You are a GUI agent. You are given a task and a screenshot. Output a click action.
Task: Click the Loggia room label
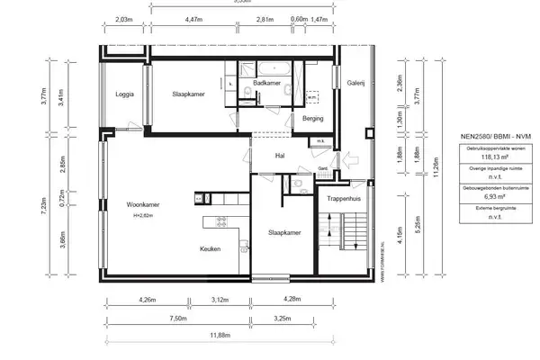125,94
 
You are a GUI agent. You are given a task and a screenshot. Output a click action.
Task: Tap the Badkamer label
267,84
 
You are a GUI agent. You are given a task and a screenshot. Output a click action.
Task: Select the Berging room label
313,118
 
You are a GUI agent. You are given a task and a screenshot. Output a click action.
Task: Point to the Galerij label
355,84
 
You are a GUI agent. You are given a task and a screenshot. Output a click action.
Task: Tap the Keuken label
211,249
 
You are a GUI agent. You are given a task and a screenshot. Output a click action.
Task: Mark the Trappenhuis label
343,198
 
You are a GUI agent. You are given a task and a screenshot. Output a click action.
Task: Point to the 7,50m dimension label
176,318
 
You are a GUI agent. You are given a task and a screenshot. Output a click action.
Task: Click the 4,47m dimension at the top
193,19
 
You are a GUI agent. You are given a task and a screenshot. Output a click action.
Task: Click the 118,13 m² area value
491,156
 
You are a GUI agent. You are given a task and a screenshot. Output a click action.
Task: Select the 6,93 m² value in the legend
491,195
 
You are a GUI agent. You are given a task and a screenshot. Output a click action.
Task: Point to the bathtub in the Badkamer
272,67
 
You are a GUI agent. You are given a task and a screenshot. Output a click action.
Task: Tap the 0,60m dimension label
299,19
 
